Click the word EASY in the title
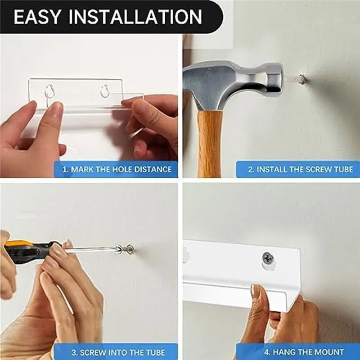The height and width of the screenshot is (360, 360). click(x=37, y=17)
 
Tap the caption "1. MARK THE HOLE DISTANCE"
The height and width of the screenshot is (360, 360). click(x=117, y=170)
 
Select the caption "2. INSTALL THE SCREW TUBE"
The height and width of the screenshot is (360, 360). click(x=301, y=170)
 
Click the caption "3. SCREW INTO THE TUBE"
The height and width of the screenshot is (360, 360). click(x=118, y=352)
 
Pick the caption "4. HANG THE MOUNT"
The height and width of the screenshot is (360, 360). click(x=304, y=352)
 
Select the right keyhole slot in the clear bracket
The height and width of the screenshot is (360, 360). click(x=105, y=90)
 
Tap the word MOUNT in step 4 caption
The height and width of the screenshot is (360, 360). click(x=329, y=352)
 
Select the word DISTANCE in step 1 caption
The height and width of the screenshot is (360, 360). click(x=153, y=170)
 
